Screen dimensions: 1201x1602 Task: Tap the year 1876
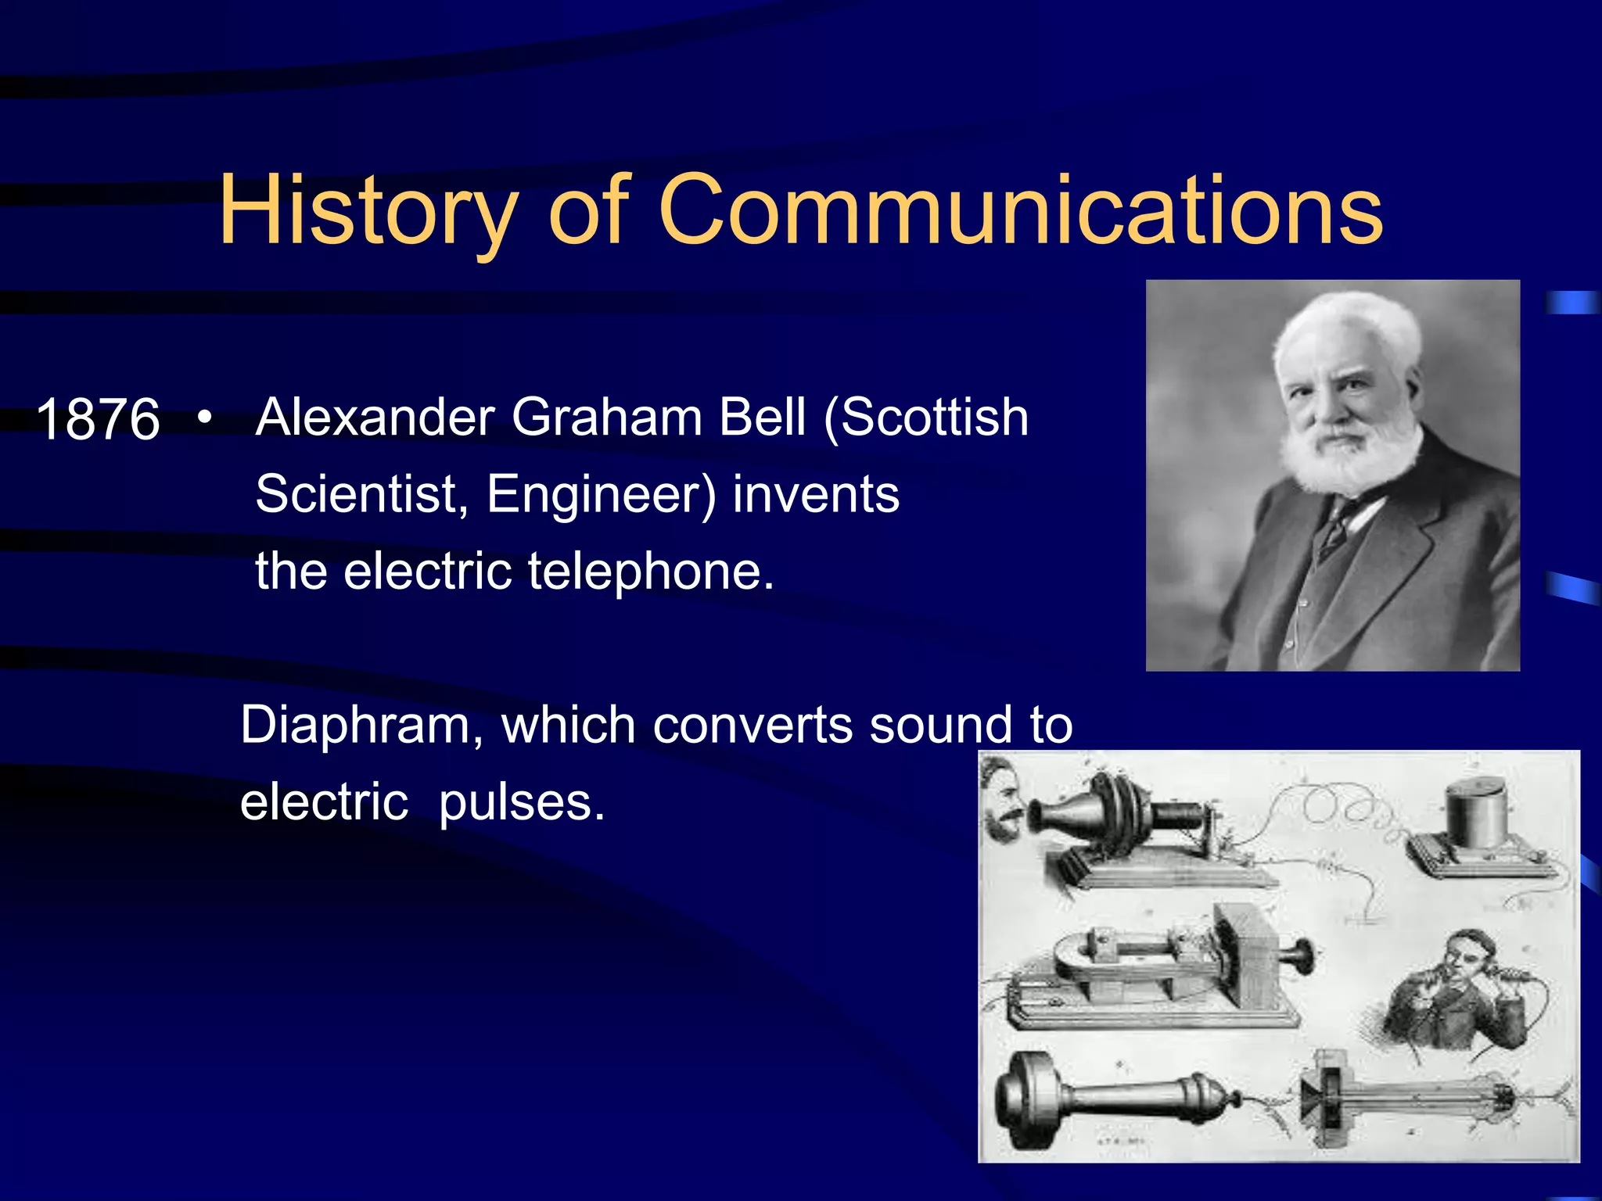[x=98, y=420]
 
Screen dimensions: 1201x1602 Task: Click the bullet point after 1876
[x=204, y=417]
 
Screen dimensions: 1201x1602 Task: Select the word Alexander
[x=375, y=417]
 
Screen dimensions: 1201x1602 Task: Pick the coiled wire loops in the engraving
[x=1353, y=813]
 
